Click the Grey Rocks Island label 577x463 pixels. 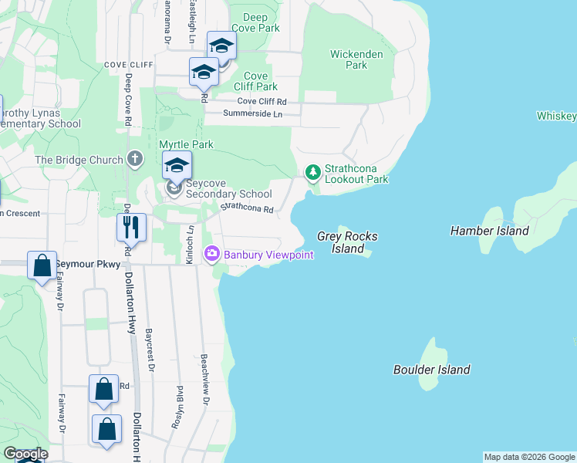340,243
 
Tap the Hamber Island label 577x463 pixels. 490,231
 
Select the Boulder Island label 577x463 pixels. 431,370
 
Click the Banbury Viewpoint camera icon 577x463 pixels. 211,254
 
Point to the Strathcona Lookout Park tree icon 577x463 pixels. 312,173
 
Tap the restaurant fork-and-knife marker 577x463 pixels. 130,227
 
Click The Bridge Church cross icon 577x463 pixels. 135,160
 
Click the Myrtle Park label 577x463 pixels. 186,144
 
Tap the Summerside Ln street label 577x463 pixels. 252,113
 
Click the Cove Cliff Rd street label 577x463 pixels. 262,101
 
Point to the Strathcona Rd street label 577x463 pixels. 248,208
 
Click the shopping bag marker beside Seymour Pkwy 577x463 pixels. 41,265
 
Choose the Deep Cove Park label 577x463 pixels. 255,22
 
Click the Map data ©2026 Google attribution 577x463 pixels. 529,457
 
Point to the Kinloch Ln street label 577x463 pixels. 189,245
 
